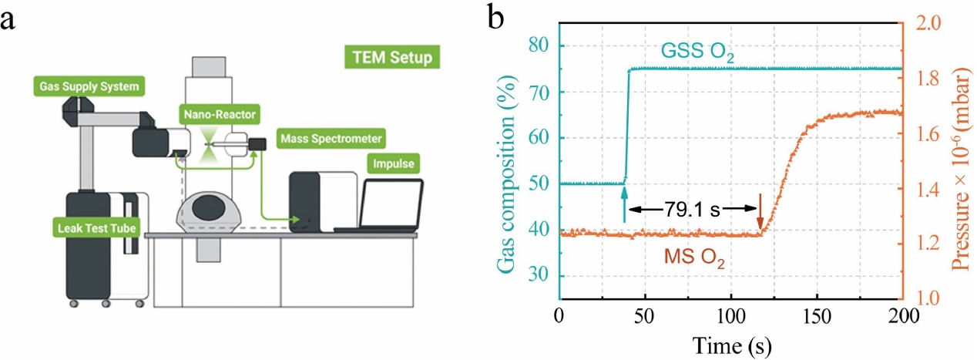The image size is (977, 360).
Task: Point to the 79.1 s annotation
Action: (692, 209)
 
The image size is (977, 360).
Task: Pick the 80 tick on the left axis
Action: (543, 45)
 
